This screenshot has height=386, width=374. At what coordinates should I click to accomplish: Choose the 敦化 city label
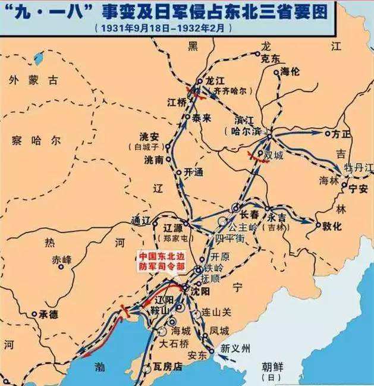332,226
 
